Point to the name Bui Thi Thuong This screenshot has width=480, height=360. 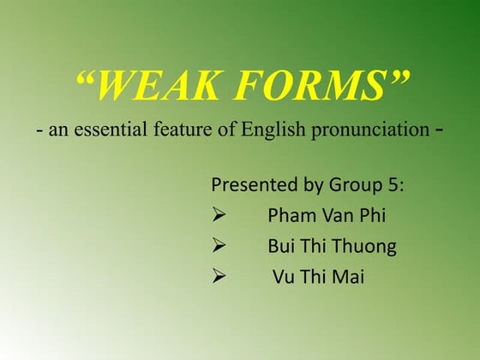pyautogui.click(x=332, y=247)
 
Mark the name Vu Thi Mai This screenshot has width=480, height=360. pyautogui.click(x=318, y=278)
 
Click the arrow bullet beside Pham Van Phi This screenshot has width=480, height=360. pyautogui.click(x=219, y=215)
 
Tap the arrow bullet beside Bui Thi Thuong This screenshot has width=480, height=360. pyautogui.click(x=219, y=247)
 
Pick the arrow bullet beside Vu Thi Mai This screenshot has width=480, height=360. pyautogui.click(x=219, y=278)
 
